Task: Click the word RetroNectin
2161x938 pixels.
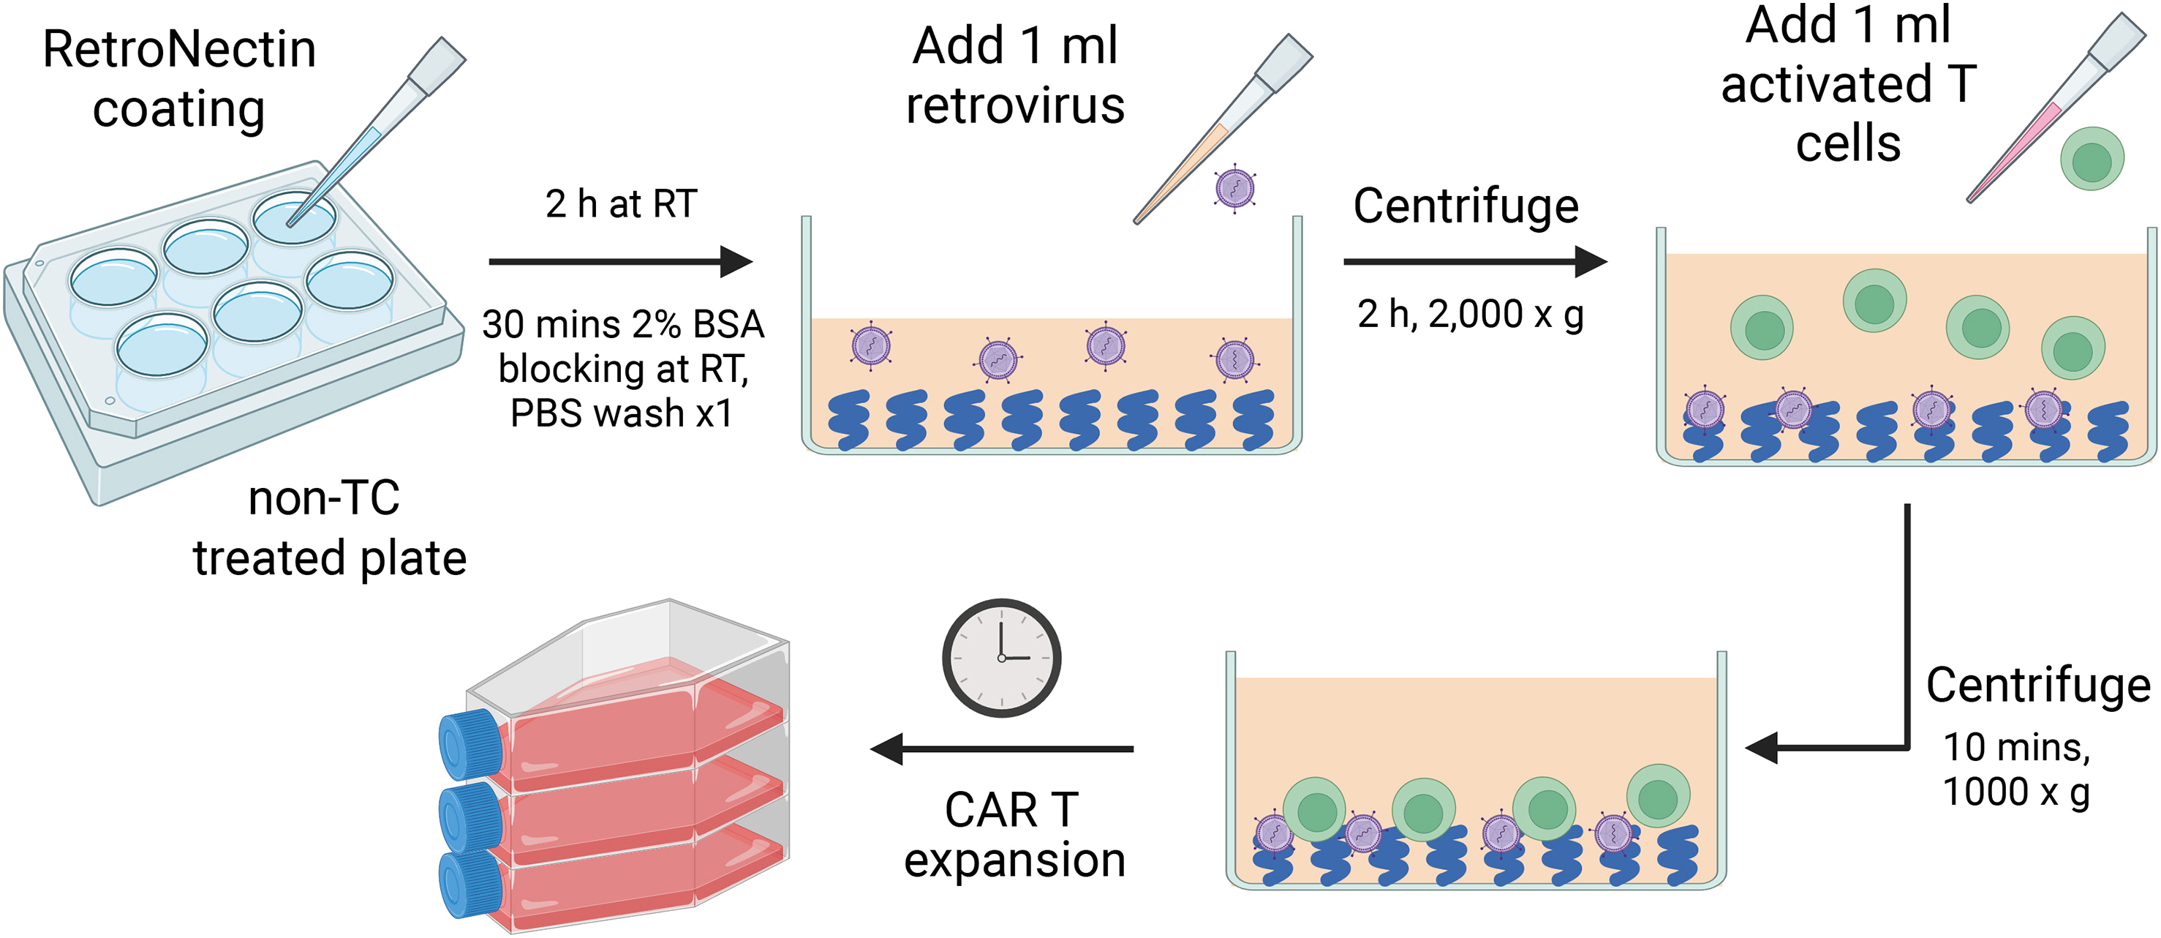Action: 178,50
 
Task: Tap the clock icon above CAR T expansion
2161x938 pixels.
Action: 1001,657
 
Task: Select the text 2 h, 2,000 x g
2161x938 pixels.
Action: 1470,315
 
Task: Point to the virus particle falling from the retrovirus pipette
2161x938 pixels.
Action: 1235,188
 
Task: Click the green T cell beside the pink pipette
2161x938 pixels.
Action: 2092,160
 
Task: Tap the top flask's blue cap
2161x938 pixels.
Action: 468,744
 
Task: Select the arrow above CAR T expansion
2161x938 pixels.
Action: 1003,748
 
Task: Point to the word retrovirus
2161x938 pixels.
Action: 1015,107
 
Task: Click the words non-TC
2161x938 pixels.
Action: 324,498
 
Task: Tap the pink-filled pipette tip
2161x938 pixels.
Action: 2013,151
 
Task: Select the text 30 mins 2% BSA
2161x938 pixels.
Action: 622,325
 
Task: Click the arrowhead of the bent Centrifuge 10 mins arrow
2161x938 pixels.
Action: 1762,747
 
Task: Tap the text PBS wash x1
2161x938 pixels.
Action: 621,413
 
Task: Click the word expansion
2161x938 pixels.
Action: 1014,861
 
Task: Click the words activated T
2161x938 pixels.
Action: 1848,85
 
